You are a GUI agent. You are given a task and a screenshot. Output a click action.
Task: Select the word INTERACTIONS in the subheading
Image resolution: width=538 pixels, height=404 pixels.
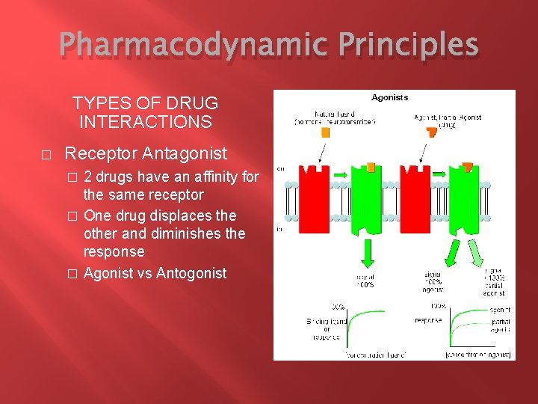(145, 121)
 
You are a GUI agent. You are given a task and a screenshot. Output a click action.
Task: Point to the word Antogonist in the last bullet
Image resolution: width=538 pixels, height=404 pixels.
(191, 273)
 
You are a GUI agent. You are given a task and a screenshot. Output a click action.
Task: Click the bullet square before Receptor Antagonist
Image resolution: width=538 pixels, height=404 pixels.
(46, 155)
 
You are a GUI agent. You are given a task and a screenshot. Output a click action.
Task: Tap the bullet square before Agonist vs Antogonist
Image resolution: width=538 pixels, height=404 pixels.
(72, 274)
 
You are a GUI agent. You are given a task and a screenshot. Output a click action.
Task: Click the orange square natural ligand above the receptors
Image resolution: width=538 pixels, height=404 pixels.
(325, 132)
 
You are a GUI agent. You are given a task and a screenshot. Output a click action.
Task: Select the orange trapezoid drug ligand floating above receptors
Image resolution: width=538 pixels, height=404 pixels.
(431, 132)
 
